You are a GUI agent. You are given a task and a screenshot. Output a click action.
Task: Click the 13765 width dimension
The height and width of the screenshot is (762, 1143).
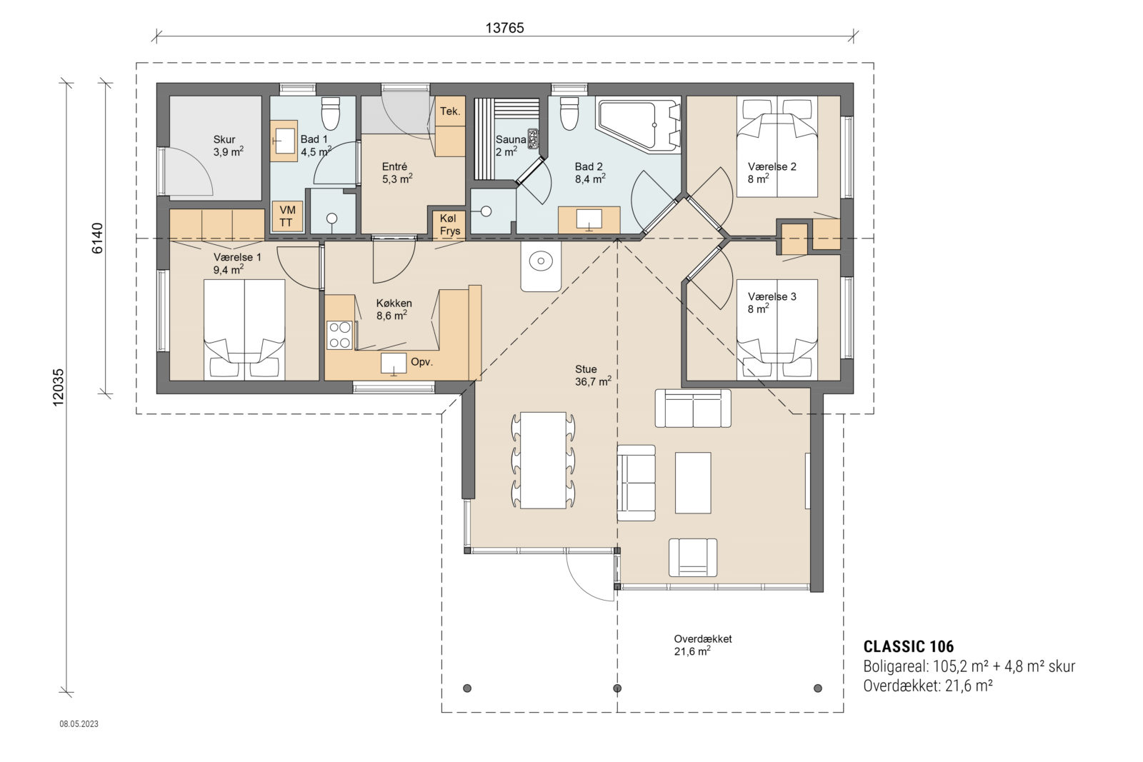coord(504,28)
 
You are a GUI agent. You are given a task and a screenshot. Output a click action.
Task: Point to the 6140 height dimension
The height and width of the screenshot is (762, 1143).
coord(98,237)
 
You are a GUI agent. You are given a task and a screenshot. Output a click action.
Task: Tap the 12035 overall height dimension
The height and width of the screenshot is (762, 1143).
coord(58,387)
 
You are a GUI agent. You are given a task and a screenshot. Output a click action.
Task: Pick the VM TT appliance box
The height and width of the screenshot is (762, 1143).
coord(287,216)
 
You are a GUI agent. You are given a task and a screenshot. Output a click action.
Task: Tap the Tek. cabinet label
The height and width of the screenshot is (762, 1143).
coord(450,111)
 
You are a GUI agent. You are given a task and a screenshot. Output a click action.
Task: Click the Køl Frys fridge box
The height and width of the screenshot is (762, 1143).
coord(450,224)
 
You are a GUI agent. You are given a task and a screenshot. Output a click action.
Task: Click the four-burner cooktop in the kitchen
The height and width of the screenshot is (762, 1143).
coord(339,335)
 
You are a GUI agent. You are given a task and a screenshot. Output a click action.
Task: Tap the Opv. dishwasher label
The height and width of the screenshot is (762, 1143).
coord(421,362)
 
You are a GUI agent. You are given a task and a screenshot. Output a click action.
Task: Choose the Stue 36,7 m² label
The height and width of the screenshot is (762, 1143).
coord(592,376)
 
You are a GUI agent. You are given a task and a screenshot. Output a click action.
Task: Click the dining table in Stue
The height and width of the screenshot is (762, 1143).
coord(544,460)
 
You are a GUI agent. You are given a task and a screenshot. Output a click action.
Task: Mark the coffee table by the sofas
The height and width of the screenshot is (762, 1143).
coord(693,482)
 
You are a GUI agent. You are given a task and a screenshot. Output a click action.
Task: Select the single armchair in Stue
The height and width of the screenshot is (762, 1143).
coord(692,558)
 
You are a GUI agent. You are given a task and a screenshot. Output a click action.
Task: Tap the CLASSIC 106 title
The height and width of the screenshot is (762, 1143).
coord(908,647)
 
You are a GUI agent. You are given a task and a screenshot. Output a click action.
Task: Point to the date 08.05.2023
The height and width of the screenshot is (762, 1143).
coord(79,724)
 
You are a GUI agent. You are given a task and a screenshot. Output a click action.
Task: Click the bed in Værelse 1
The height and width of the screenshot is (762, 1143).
coord(244,329)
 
